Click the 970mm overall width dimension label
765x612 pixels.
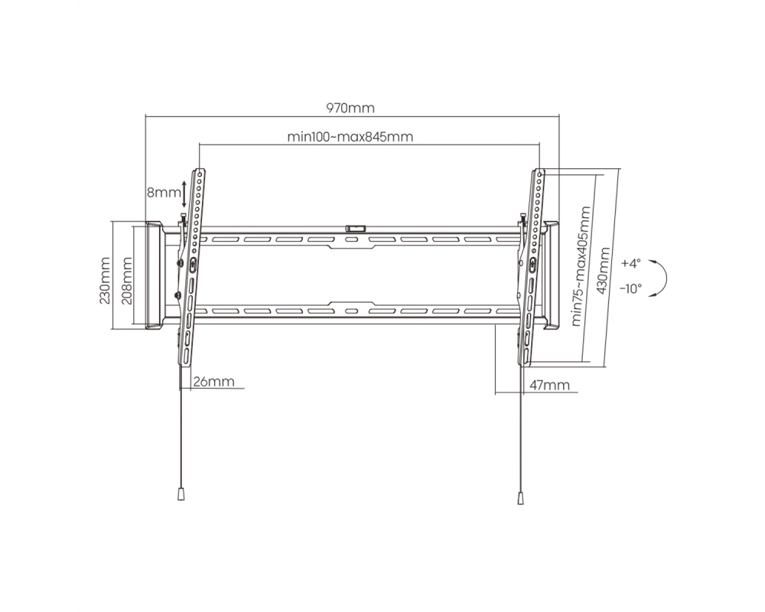click(x=350, y=108)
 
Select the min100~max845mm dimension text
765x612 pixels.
click(x=350, y=137)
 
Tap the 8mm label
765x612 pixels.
click(x=164, y=192)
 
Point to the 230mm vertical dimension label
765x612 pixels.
click(x=105, y=281)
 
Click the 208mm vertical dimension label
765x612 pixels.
click(x=126, y=281)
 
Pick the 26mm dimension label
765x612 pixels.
click(x=213, y=381)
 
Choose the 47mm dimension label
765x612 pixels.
click(x=549, y=385)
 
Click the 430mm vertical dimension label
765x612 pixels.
click(x=604, y=271)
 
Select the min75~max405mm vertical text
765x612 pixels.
click(x=581, y=266)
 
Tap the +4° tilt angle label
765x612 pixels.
click(x=630, y=263)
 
